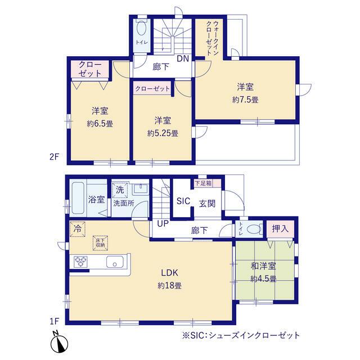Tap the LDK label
tap(170, 273)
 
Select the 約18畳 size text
tap(170, 286)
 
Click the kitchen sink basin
tap(115, 262)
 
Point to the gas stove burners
tap(80, 262)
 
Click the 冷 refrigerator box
tap(78, 229)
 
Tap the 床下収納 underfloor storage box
tap(100, 243)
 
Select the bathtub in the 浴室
tap(78, 198)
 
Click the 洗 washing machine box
tap(120, 190)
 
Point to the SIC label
tap(183, 201)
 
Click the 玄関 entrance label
tap(207, 204)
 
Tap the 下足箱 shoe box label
tap(204, 183)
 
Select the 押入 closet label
tap(280, 229)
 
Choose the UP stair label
tap(163, 223)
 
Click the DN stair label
tap(183, 58)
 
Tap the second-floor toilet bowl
tap(142, 29)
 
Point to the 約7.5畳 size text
tap(245, 100)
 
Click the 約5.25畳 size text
tap(163, 133)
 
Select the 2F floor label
tap(55, 157)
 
